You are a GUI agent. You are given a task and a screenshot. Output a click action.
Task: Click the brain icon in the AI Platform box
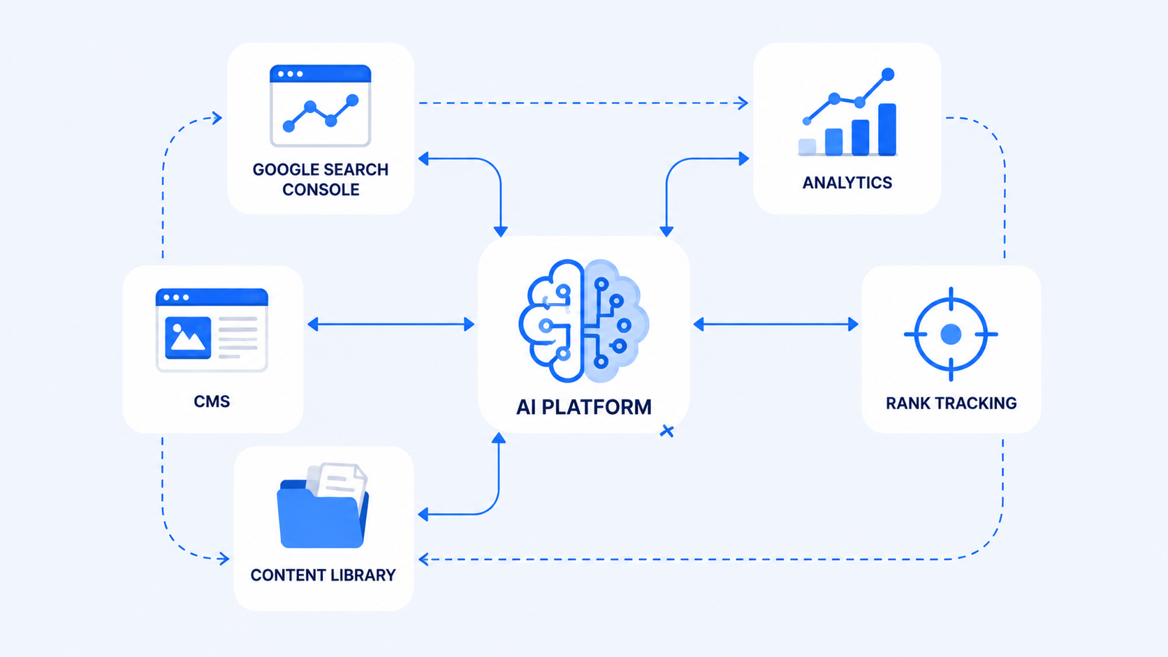point(583,321)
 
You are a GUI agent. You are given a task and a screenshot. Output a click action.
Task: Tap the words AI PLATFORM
point(583,407)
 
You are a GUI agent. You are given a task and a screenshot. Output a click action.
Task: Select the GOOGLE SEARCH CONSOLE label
point(321,179)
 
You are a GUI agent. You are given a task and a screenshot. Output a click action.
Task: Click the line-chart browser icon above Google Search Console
point(320,105)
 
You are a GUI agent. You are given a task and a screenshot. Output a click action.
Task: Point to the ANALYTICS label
point(847,182)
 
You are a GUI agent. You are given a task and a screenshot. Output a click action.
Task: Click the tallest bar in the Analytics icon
point(887,129)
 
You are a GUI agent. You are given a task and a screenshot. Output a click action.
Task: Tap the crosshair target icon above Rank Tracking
point(951,334)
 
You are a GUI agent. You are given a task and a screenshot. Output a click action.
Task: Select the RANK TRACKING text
point(951,403)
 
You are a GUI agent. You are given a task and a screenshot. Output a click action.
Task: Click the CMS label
point(212,401)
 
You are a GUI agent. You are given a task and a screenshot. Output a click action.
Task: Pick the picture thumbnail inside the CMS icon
point(188,338)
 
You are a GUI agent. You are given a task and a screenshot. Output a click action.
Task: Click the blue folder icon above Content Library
point(323,506)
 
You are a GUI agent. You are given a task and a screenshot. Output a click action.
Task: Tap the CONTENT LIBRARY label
point(323,575)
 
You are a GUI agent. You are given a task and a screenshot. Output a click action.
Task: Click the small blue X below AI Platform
point(667,431)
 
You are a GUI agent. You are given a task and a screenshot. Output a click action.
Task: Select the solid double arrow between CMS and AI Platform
point(390,325)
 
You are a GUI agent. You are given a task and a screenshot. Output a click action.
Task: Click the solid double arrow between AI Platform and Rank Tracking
point(775,325)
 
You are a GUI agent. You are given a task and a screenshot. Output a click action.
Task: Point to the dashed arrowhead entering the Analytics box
point(743,103)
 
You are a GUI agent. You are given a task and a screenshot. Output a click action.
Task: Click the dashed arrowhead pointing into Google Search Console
point(217,117)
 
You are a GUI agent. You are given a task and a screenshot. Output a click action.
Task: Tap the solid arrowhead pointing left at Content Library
point(423,515)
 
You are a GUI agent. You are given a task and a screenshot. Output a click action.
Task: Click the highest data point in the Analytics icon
point(888,75)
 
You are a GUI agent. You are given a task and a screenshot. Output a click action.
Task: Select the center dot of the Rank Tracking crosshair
point(951,334)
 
